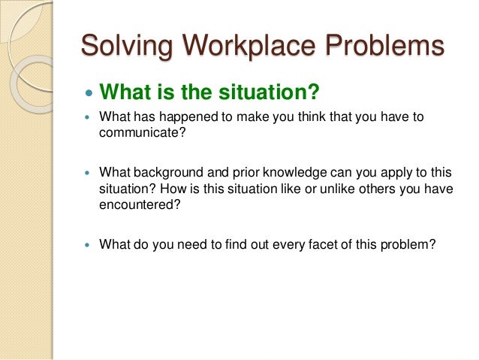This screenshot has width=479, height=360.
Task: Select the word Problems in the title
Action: pos(387,47)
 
